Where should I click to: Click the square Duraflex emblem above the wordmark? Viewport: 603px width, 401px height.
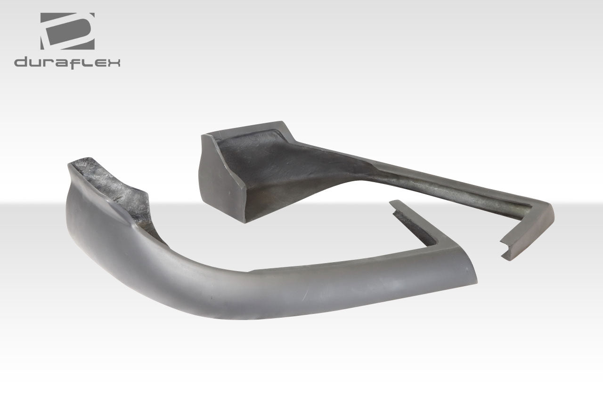(67, 32)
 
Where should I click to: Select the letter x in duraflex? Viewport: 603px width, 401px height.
(114, 63)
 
